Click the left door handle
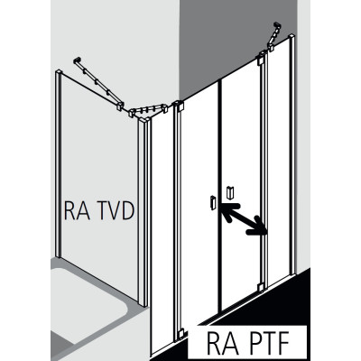[213, 202]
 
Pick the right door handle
[230, 192]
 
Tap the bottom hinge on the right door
[261, 287]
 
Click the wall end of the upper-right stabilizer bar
[277, 26]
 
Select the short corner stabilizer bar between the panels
[148, 110]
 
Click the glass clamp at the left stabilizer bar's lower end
[120, 106]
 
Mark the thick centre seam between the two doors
[219, 196]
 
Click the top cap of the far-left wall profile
[59, 72]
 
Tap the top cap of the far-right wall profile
[292, 37]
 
